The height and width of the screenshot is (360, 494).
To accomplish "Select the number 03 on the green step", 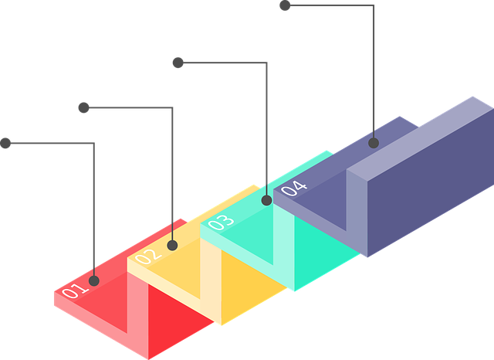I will tap(220, 222).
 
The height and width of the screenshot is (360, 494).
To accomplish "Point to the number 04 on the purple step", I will tap(294, 188).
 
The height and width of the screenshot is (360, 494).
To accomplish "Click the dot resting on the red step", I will tap(95, 280).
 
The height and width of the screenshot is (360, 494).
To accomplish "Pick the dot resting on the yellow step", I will tap(173, 246).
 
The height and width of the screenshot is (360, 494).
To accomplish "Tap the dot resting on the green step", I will tap(267, 200).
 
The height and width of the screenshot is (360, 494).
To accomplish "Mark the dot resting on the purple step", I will tap(374, 142).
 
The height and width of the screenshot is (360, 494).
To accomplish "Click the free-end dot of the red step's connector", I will tap(6, 143).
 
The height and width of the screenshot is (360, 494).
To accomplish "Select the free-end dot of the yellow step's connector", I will tap(83, 107).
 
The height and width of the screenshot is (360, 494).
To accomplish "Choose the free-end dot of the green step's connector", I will tap(178, 62).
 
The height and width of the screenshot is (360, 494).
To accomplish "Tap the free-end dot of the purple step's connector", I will tap(284, 6).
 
